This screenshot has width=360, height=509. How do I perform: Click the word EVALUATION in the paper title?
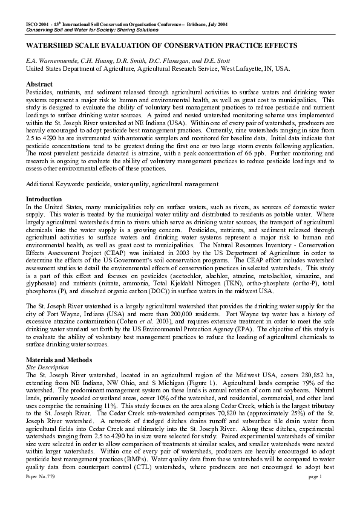click(133, 46)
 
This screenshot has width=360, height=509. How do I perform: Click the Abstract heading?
click(39, 83)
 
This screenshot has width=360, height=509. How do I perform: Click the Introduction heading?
click(44, 199)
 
